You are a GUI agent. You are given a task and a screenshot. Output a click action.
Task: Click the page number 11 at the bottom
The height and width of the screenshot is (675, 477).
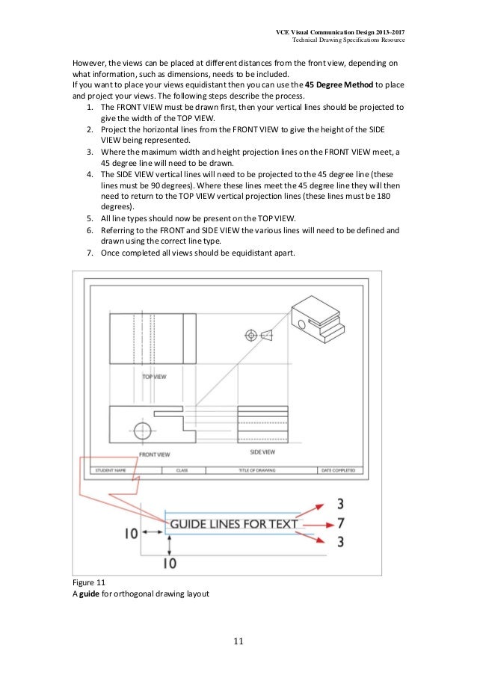238,641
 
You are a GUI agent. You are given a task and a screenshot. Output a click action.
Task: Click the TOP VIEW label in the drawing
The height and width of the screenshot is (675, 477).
154,377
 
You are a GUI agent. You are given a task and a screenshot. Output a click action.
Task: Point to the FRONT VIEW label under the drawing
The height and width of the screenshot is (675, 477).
154,454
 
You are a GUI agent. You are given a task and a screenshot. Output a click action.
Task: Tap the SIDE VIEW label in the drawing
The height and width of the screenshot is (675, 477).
261,452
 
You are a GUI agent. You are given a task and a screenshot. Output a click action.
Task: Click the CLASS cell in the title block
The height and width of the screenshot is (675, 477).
182,470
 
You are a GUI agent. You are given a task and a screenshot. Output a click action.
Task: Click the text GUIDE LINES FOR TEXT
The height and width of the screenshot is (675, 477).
234,525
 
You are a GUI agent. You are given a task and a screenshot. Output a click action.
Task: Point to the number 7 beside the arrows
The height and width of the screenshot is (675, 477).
340,523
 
